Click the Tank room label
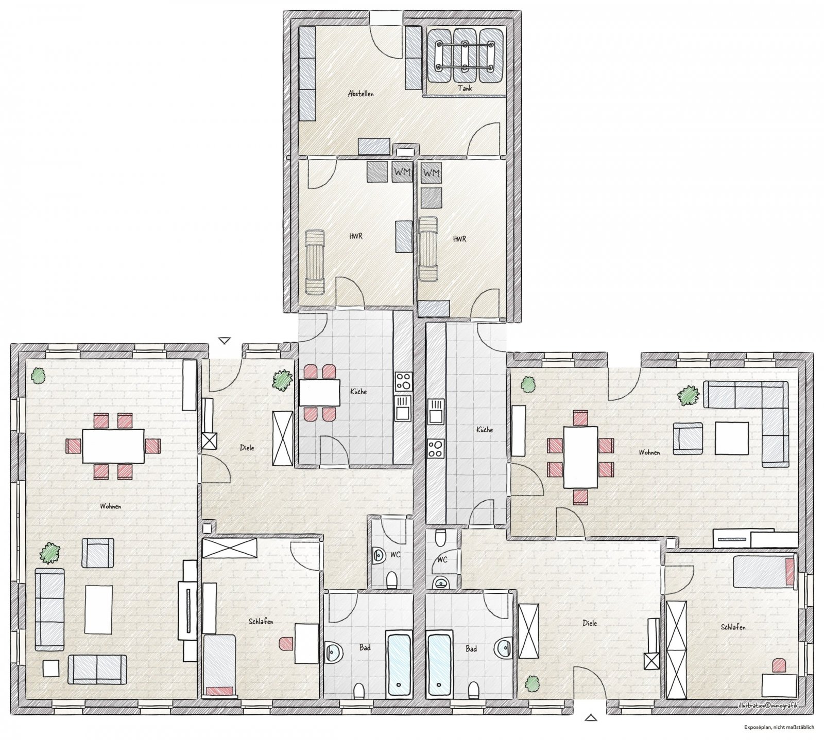tap(465, 88)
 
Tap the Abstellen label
tap(360, 94)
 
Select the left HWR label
tap(355, 236)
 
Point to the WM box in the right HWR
tap(432, 173)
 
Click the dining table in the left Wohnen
tap(113, 446)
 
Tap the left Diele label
tap(247, 448)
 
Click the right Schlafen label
tap(733, 627)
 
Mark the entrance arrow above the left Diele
tap(224, 340)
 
